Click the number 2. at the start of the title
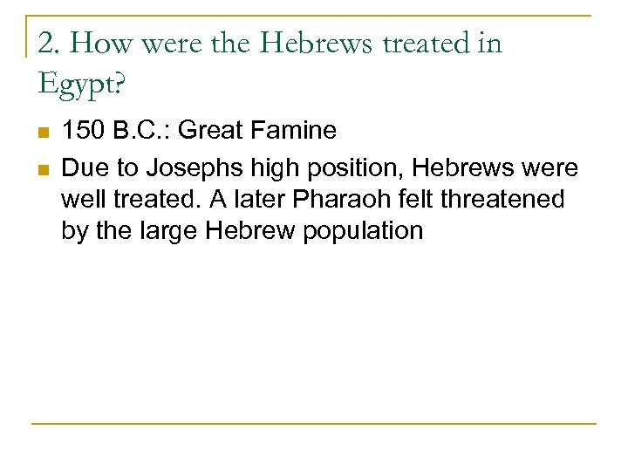point(49,43)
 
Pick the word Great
point(212,131)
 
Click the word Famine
point(293,131)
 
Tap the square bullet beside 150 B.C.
point(41,133)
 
